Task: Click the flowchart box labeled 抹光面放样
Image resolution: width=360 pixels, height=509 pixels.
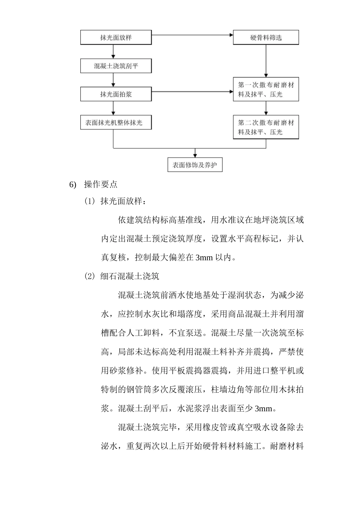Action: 116,37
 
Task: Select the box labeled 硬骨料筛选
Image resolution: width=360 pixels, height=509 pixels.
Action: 266,37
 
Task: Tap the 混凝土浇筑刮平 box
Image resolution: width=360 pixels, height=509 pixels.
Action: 116,66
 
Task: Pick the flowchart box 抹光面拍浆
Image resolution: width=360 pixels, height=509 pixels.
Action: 116,94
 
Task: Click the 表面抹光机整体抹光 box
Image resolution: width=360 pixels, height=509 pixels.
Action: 116,122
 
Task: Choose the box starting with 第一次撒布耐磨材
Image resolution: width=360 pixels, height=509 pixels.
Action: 266,90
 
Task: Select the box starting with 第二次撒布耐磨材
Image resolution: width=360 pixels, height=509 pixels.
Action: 266,127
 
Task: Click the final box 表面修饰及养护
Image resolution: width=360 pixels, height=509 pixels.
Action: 195,165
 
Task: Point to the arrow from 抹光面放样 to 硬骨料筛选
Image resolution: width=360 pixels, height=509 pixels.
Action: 192,35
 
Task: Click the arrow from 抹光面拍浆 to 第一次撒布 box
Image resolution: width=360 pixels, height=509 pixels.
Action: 192,92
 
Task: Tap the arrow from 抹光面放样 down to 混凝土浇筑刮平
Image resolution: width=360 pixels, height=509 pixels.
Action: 113,52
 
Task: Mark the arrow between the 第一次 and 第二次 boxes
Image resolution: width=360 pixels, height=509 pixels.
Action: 266,108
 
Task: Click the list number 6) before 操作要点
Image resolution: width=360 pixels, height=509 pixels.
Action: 73,184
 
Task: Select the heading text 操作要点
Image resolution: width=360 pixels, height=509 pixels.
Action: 101,184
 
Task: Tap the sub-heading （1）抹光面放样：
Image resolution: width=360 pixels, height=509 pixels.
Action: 115,201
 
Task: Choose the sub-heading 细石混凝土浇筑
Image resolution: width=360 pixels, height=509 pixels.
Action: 130,276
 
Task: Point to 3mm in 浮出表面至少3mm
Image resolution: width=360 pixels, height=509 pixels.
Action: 263,409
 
